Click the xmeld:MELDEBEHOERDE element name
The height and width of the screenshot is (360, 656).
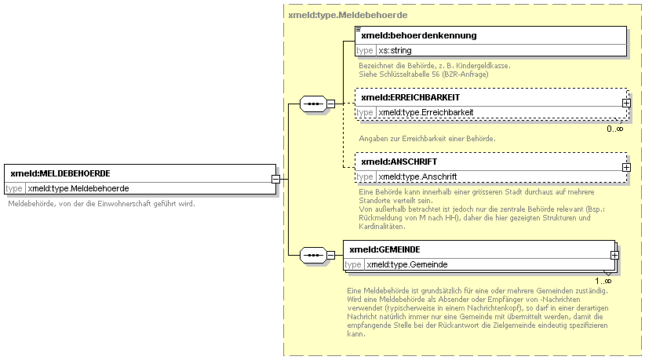pos(60,173)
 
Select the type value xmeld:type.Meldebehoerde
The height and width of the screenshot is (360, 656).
pos(78,188)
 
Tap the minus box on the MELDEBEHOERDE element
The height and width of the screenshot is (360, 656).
pos(275,179)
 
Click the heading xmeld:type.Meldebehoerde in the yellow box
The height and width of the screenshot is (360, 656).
pos(348,15)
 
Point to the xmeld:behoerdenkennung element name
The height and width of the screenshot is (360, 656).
pos(419,35)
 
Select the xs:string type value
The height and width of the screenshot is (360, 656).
pos(395,51)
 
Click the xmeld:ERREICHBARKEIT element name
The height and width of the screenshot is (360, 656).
pos(410,97)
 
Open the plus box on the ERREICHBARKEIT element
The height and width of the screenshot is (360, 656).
pos(626,103)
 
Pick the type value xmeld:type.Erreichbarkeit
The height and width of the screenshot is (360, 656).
pos(426,112)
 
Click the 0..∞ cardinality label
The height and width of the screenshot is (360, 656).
pos(615,129)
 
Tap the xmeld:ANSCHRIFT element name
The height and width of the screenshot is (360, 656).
pos(399,162)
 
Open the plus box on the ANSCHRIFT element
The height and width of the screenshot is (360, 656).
pos(626,167)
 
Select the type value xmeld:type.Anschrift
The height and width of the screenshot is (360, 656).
pos(417,177)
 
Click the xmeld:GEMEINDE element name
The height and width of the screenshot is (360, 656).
pos(384,249)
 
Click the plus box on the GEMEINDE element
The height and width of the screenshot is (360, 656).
pos(614,255)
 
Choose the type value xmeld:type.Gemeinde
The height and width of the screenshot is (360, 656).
pos(407,264)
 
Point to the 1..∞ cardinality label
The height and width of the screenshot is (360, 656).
pos(603,281)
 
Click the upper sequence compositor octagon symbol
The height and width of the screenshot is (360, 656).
pos(313,104)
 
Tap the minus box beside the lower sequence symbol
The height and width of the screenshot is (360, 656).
pos(330,255)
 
